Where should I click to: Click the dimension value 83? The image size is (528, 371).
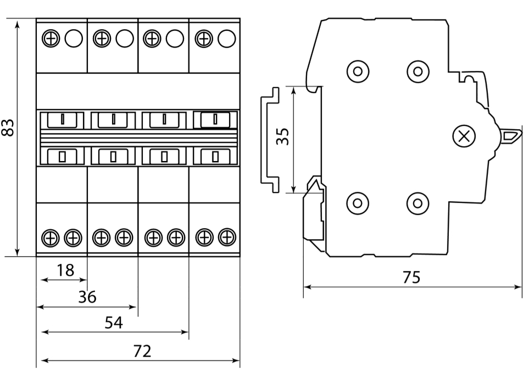[x=8, y=128]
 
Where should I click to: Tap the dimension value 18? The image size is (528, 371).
[x=65, y=270]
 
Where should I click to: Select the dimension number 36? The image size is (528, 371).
[x=87, y=297]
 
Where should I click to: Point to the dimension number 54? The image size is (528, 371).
[x=114, y=323]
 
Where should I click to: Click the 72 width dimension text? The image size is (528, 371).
[x=142, y=351]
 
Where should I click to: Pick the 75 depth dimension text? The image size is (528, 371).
[x=411, y=277]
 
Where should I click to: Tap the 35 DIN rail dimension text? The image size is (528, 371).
[x=282, y=136]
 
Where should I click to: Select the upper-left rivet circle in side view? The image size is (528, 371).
[x=358, y=71]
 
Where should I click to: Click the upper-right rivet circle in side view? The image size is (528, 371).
[x=418, y=71]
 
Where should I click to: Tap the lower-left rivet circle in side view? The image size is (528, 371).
[x=358, y=203]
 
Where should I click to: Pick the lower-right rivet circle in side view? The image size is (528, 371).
[x=418, y=203]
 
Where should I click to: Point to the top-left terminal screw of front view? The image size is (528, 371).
[x=51, y=38]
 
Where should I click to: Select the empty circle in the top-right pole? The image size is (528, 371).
[x=226, y=38]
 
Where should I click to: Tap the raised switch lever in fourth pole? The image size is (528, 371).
[x=215, y=119]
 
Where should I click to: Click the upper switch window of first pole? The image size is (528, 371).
[x=62, y=119]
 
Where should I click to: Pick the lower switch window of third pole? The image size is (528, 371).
[x=164, y=156]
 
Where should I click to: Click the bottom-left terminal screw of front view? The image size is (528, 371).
[x=51, y=237]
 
